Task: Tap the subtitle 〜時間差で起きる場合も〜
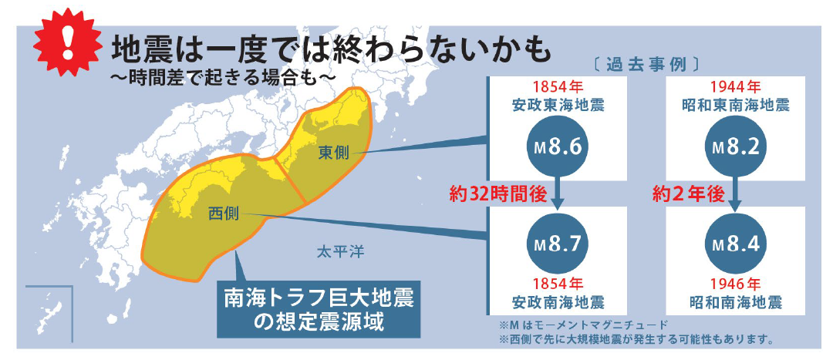pyautogui.click(x=224, y=78)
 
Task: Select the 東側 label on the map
pyautogui.click(x=333, y=153)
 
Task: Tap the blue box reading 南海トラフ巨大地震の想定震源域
pyautogui.click(x=318, y=308)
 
